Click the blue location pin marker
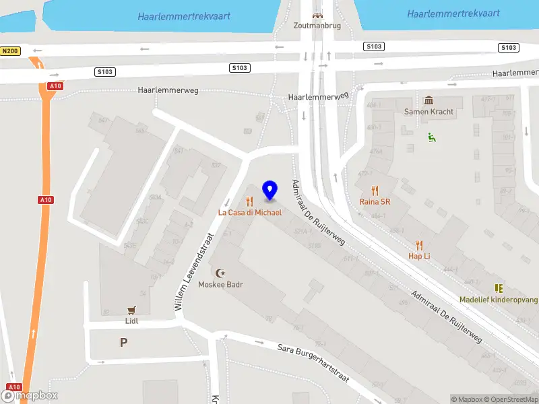pyautogui.click(x=270, y=191)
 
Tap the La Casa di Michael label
pyautogui.click(x=249, y=212)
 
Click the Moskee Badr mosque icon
pyautogui.click(x=220, y=273)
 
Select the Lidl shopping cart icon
pyautogui.click(x=131, y=310)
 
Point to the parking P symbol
pyautogui.click(x=123, y=343)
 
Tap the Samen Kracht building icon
pyautogui.click(x=429, y=101)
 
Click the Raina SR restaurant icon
pyautogui.click(x=375, y=191)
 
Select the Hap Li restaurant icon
pyautogui.click(x=419, y=245)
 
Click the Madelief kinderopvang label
pyautogui.click(x=498, y=300)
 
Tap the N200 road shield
pyautogui.click(x=11, y=51)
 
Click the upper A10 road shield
pyautogui.click(x=55, y=86)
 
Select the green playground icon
pyautogui.click(x=431, y=137)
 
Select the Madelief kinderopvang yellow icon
pyautogui.click(x=499, y=288)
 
